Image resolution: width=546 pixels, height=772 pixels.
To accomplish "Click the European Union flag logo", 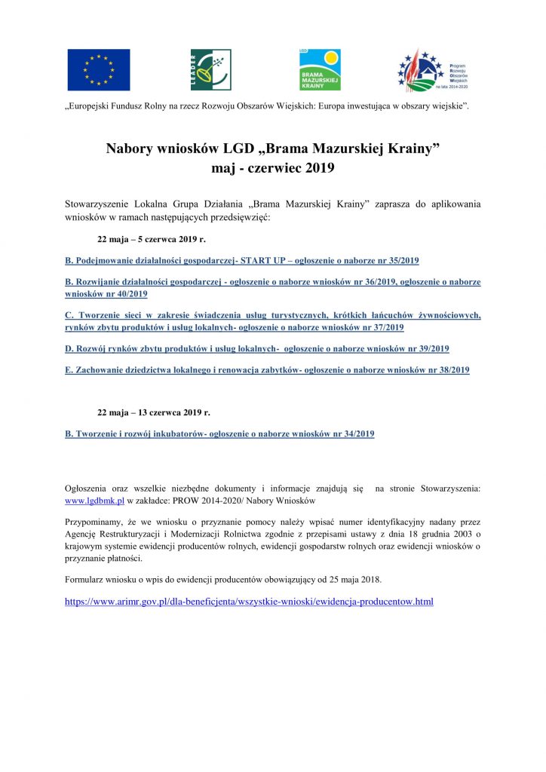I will (x=98, y=69).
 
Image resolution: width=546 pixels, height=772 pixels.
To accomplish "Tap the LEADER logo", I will (x=210, y=69).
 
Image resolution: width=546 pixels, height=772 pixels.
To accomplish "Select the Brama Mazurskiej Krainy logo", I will (x=320, y=69).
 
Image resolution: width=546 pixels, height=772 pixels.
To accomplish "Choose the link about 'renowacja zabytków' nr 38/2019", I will (x=267, y=370).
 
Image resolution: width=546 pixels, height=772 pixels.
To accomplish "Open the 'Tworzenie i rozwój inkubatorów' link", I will (x=219, y=433).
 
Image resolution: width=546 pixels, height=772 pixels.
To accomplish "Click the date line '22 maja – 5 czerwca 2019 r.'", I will (x=152, y=238).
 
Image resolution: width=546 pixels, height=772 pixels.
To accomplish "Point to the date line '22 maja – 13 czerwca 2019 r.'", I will (x=154, y=412).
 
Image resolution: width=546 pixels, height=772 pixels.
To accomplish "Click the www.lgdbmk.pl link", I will (x=94, y=501).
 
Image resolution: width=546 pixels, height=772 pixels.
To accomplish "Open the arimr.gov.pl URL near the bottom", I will (x=249, y=602).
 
